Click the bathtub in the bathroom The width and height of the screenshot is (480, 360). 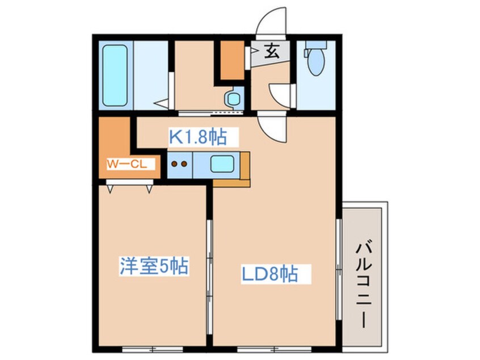pyautogui.click(x=115, y=76)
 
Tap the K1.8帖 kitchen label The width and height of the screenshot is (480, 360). pyautogui.click(x=197, y=137)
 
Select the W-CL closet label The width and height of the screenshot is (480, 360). pyautogui.click(x=128, y=165)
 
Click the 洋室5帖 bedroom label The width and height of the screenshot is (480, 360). pyautogui.click(x=154, y=266)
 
